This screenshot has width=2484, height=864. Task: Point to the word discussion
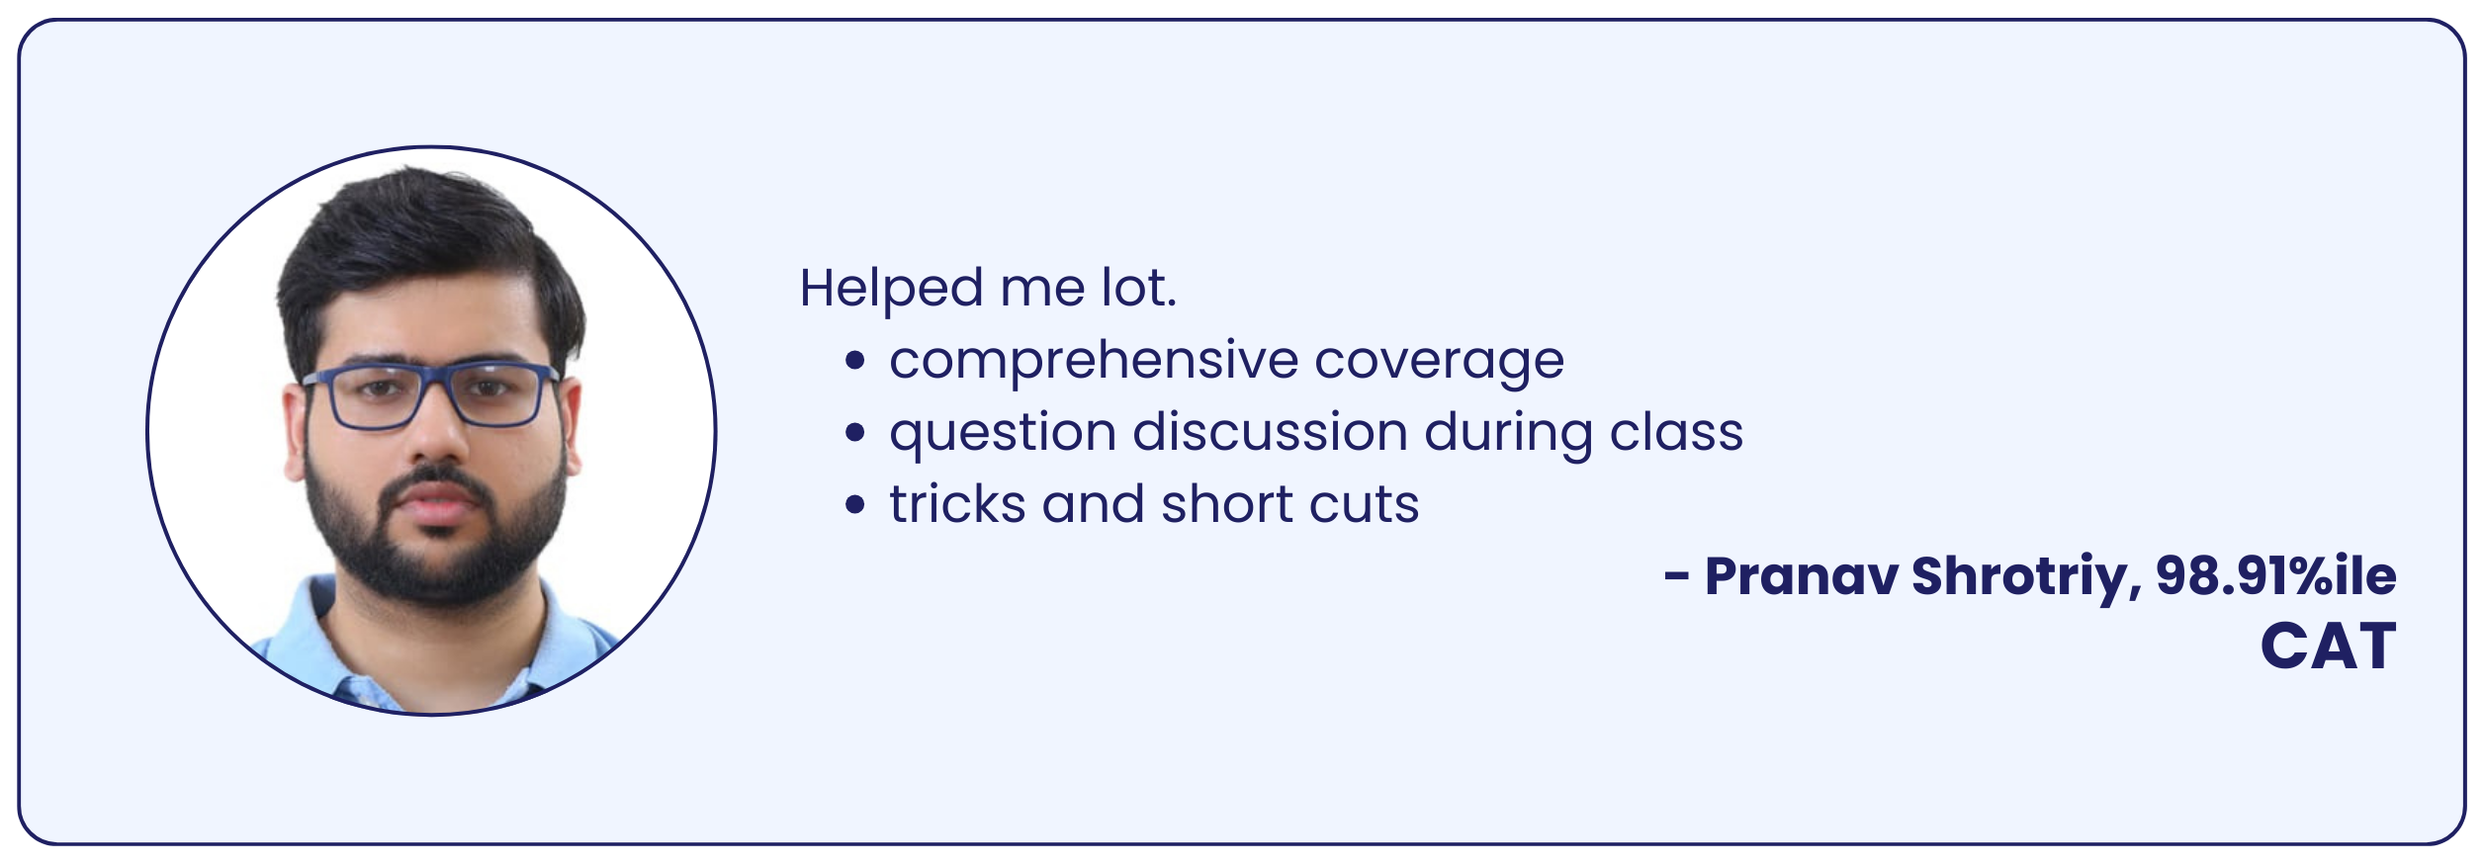(1271, 433)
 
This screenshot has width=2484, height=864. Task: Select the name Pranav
(1801, 576)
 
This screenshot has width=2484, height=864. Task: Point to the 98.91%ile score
(2276, 575)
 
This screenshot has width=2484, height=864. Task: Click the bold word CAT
(2329, 647)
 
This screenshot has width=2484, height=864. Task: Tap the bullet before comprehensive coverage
(855, 361)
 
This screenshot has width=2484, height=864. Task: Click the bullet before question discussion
(855, 433)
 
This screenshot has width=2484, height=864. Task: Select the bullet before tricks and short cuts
(855, 505)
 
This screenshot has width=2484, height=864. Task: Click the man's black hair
(425, 247)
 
